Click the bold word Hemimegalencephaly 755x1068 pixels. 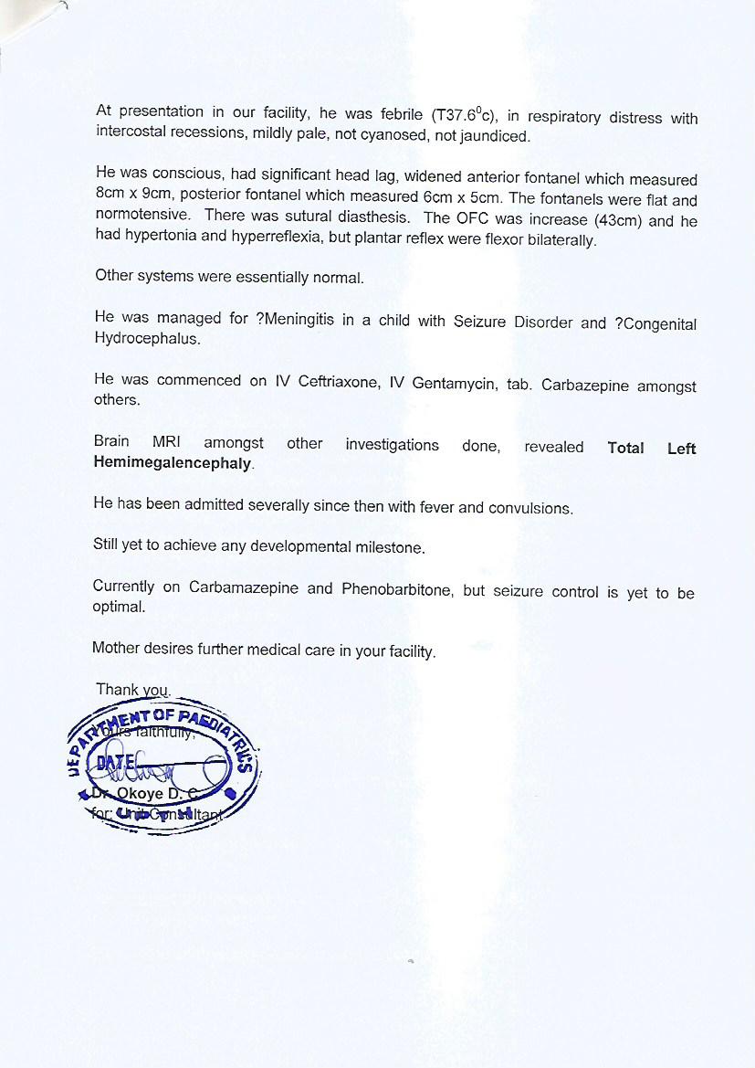click(172, 463)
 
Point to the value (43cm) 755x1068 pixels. click(614, 221)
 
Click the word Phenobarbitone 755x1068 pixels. click(396, 589)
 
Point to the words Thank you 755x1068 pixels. click(132, 690)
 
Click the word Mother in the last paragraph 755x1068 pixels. click(115, 650)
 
